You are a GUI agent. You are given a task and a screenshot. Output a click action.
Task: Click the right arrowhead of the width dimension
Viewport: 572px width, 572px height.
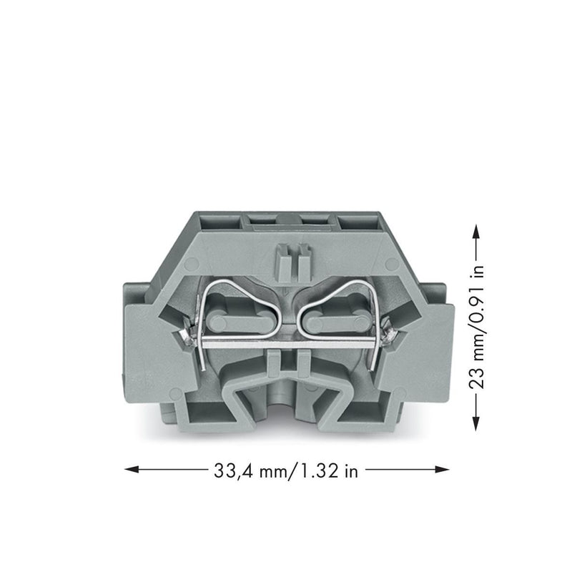(x=442, y=469)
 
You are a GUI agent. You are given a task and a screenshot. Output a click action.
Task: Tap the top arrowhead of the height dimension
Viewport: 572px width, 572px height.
(x=475, y=231)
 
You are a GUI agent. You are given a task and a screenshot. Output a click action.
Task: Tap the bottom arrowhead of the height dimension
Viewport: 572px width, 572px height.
(x=475, y=423)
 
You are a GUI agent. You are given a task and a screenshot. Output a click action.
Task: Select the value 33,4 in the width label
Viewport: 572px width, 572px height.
(x=235, y=471)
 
